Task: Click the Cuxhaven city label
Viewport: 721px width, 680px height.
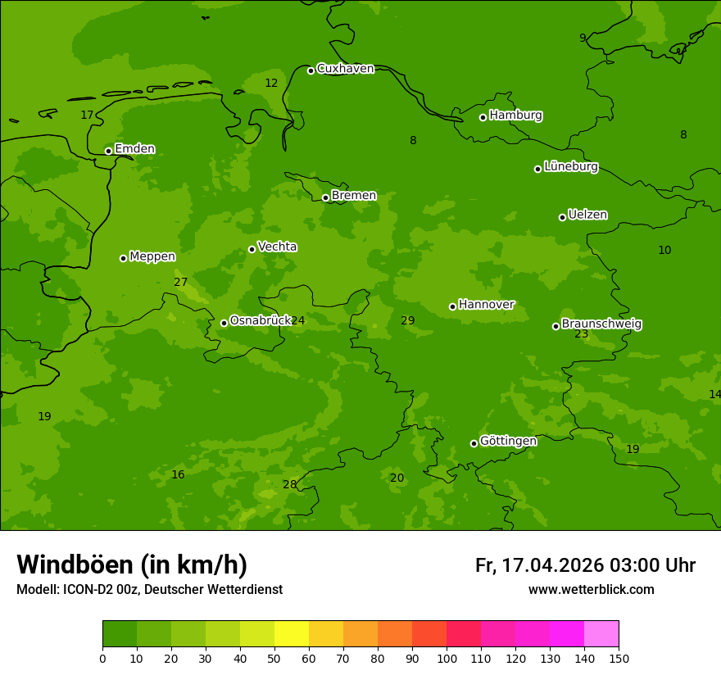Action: [x=345, y=69]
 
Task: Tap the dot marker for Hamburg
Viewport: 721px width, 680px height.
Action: [x=483, y=117]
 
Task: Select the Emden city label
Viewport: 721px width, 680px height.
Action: [x=134, y=149]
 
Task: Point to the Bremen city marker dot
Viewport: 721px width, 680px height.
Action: [x=325, y=197]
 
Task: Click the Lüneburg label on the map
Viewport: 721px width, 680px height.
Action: [x=570, y=167]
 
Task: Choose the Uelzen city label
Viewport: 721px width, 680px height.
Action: [x=587, y=215]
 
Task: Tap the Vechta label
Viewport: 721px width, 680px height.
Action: [x=277, y=247]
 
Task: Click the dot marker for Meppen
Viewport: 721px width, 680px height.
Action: [x=123, y=258]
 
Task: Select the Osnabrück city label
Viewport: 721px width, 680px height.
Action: [x=260, y=321]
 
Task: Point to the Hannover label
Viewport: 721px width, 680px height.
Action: [x=486, y=305]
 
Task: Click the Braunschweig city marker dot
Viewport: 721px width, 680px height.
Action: [x=555, y=326]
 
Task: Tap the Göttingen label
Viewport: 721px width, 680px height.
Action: [x=508, y=442]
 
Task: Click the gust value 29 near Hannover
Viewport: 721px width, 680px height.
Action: [x=407, y=320]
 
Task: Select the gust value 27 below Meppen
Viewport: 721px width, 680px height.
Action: [x=180, y=283]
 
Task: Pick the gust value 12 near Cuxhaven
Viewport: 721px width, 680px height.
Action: [x=271, y=84]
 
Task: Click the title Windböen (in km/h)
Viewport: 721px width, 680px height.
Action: [x=132, y=564]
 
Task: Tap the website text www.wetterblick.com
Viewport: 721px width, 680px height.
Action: [x=591, y=590]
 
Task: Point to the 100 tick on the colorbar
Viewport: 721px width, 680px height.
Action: [x=447, y=658]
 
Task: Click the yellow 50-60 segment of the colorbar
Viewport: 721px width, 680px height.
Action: [x=292, y=634]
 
